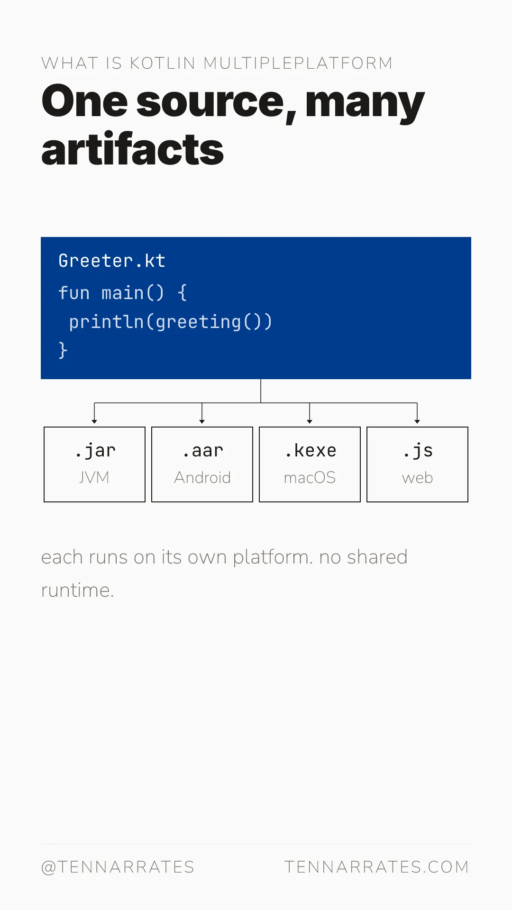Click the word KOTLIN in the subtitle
click(x=163, y=63)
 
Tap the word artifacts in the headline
click(x=133, y=149)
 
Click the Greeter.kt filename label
click(x=112, y=261)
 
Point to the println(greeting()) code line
click(x=171, y=322)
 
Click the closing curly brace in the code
click(x=63, y=350)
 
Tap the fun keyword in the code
click(x=74, y=293)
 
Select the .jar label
click(x=95, y=451)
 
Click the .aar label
click(x=202, y=451)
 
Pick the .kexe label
click(x=310, y=450)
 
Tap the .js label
click(x=418, y=451)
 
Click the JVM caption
click(x=94, y=477)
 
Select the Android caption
click(x=202, y=477)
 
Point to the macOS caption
click(x=310, y=477)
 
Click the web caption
click(x=418, y=478)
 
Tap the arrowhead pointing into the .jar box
click(x=94, y=421)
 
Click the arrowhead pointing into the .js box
click(x=417, y=421)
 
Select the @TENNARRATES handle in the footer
click(x=118, y=867)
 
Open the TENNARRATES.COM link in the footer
click(x=377, y=867)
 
